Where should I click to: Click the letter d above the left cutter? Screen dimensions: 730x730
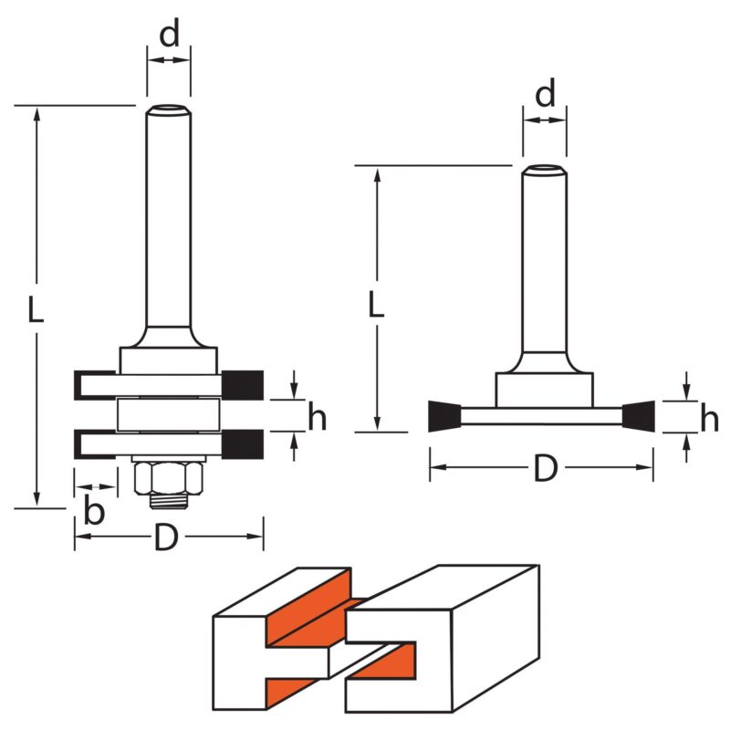click(169, 34)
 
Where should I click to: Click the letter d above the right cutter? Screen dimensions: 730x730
click(545, 94)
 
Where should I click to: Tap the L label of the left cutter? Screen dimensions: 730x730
click(36, 309)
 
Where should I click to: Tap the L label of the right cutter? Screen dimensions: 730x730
click(376, 304)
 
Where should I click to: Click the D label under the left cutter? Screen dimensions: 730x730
click(166, 537)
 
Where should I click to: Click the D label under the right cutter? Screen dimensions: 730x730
click(546, 468)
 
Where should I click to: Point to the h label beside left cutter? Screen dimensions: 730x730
click(317, 416)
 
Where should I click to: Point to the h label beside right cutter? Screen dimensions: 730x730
click(710, 418)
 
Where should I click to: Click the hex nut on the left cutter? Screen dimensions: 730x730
click(169, 478)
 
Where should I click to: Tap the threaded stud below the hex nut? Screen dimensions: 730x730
click(169, 501)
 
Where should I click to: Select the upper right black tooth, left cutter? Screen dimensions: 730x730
click(243, 385)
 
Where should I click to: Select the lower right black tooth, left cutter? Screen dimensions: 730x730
click(243, 444)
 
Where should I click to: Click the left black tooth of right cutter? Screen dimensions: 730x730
click(444, 416)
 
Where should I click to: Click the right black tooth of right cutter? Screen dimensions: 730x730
click(638, 416)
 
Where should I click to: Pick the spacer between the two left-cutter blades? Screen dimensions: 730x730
click(169, 415)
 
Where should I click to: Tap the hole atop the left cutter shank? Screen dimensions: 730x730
click(169, 109)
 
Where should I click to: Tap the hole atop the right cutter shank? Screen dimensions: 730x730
click(545, 168)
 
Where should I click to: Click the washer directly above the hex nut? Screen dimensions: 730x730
click(169, 459)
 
